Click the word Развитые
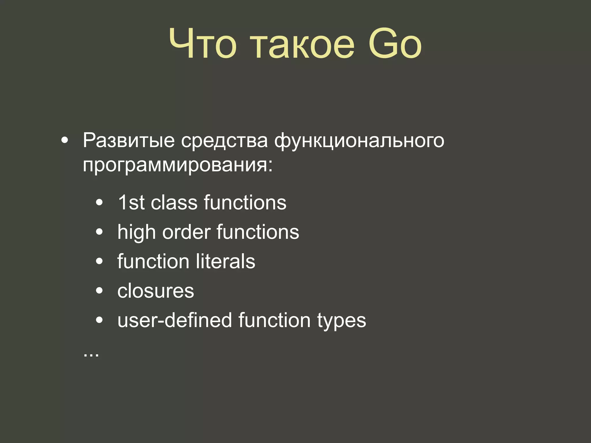coord(129,141)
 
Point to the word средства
coord(225,141)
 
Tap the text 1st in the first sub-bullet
coord(131,202)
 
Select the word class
coord(174,202)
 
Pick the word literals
coord(225,261)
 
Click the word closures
coord(156,291)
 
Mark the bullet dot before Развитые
coord(65,141)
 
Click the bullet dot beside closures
coord(99,291)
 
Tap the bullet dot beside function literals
coord(99,261)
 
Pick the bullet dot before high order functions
coord(99,232)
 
